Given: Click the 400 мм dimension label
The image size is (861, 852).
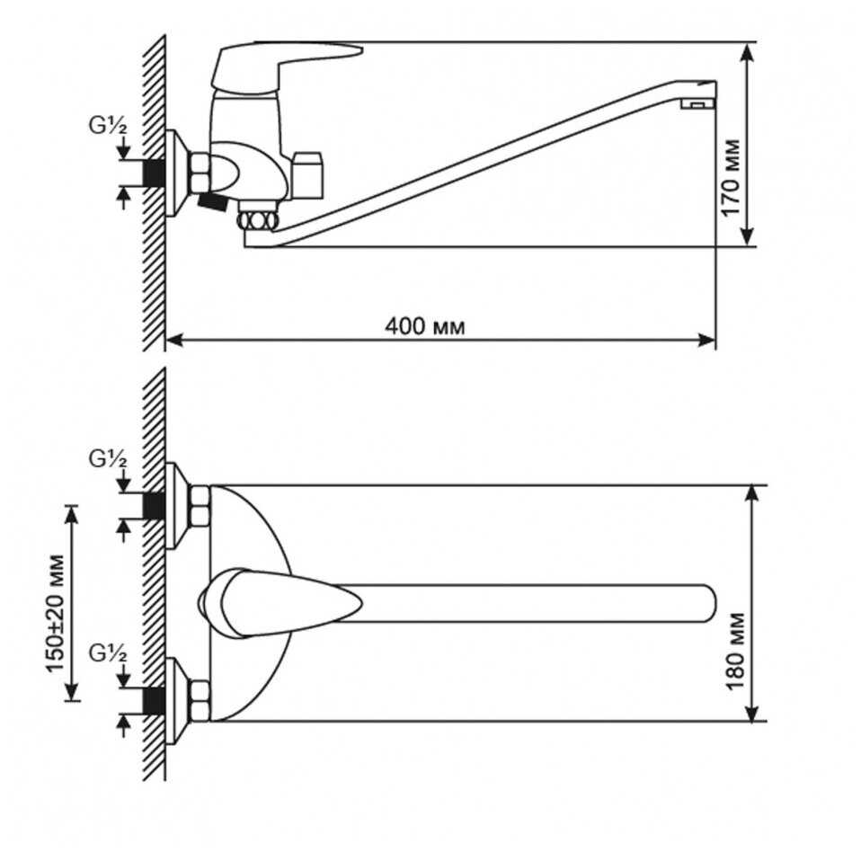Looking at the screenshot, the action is pos(424,326).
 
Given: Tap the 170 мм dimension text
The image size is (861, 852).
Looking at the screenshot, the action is pos(731,178).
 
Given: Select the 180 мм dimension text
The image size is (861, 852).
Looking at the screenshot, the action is pos(734,651).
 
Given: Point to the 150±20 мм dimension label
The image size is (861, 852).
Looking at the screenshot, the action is pos(55,613).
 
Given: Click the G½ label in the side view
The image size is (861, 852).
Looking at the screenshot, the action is pos(108,126).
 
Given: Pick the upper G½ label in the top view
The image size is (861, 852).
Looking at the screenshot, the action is pos(108,459).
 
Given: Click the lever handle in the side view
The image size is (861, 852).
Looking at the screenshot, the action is pos(286,63).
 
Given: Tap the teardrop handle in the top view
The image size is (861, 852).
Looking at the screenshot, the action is pos(280,603).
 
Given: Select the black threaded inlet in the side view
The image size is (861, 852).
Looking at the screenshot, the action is pos(155,173).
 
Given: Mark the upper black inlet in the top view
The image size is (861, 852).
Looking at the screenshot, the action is pos(155,505).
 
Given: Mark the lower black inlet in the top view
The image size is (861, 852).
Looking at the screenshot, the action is pos(155,701).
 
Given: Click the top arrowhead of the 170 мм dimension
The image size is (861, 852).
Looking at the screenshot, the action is pos(747,52).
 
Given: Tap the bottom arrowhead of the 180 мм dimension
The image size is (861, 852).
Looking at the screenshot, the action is pos(753,712).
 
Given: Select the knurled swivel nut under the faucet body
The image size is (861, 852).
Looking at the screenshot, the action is pos(258,221).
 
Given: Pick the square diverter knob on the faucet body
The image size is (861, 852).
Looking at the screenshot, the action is pos(308,175).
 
